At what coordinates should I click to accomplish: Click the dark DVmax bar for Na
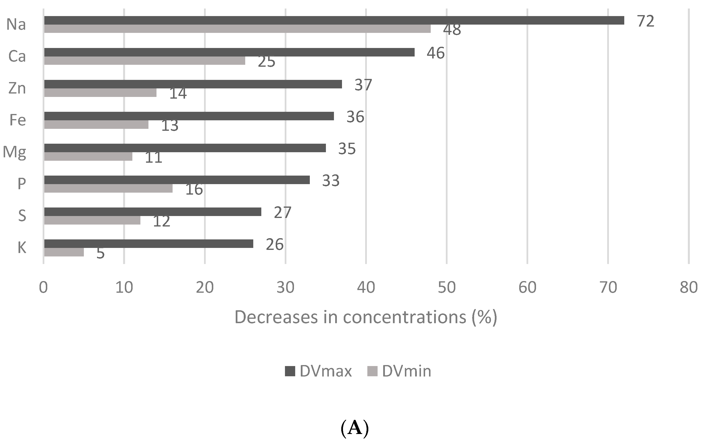334,20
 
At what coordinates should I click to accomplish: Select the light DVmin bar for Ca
145,61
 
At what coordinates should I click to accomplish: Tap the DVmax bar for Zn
193,84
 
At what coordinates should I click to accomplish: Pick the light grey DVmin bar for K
64,252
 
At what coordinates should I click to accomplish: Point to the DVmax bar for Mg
185,148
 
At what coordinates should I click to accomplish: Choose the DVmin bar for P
108,189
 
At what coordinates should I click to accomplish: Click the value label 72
645,21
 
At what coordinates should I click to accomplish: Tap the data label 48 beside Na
452,30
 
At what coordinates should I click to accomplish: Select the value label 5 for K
100,253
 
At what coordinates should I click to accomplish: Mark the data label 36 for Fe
355,117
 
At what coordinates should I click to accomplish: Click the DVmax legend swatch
290,371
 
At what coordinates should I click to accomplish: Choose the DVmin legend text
406,371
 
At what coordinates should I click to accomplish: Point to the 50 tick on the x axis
447,288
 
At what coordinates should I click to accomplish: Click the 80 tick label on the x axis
688,288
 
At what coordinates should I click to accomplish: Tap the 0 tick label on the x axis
43,288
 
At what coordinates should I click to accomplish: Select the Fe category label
18,120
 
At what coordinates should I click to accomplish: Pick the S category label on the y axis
22,216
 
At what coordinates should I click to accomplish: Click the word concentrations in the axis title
404,317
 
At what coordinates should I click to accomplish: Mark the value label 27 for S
283,212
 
